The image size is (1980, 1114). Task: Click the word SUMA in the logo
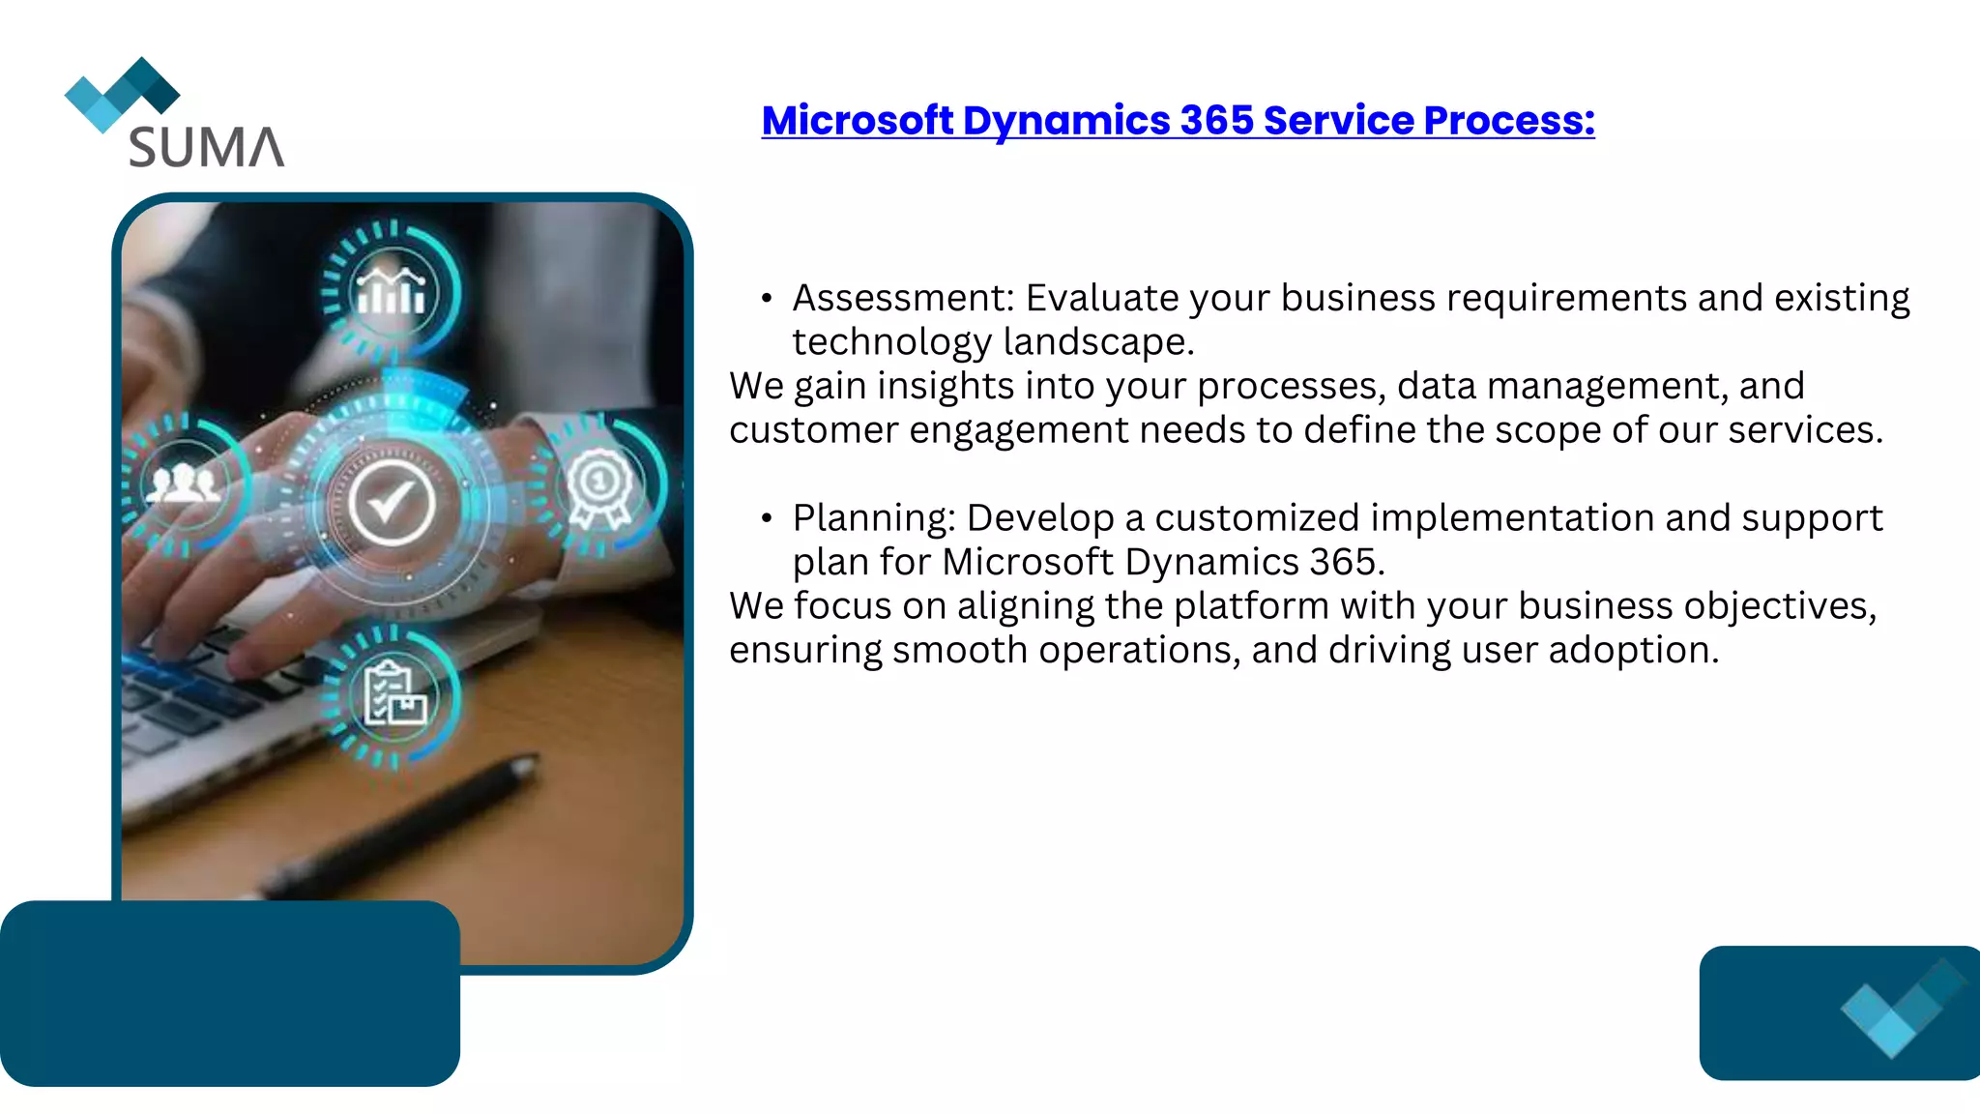tap(206, 147)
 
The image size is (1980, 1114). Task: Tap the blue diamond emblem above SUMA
tap(122, 94)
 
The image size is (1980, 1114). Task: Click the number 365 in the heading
tap(1216, 121)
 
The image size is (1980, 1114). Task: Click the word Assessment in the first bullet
tap(902, 298)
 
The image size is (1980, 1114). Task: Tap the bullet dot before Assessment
tap(767, 299)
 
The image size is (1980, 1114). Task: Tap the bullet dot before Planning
tap(767, 519)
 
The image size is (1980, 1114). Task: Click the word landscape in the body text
tap(1098, 342)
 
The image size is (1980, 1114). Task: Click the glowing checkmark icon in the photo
tap(392, 503)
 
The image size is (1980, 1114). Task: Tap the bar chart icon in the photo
tap(391, 290)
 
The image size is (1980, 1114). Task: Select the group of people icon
tap(183, 483)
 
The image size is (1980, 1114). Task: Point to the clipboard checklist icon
tap(393, 695)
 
